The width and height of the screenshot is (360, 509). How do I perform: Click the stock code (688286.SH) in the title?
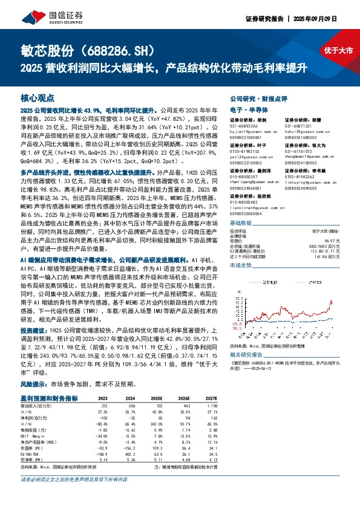coord(120,51)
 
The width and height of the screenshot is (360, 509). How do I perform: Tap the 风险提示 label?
coord(33,367)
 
